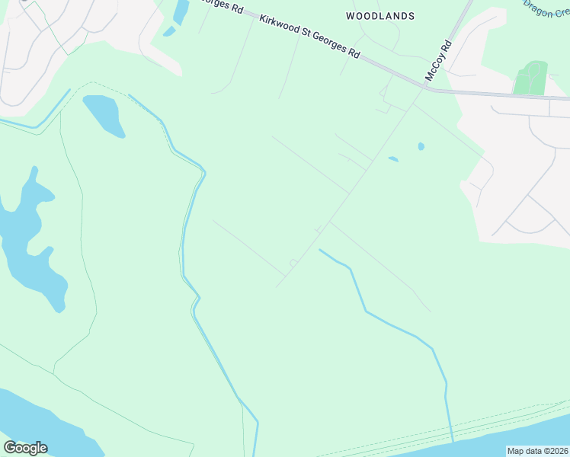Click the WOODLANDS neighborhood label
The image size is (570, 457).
(380, 15)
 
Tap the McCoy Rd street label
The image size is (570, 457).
(439, 61)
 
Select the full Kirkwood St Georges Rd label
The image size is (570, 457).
(309, 37)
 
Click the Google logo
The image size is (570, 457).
(25, 447)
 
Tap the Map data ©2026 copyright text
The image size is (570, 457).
(537, 451)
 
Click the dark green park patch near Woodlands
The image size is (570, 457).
(531, 78)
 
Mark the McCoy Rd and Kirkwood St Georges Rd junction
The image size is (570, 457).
(424, 88)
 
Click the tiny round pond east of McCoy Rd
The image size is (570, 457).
(421, 146)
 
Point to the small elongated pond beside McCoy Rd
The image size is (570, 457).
(393, 159)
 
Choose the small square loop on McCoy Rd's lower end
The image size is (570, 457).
(293, 264)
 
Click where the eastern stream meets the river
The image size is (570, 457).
(453, 440)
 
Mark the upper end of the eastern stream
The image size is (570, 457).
(320, 250)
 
